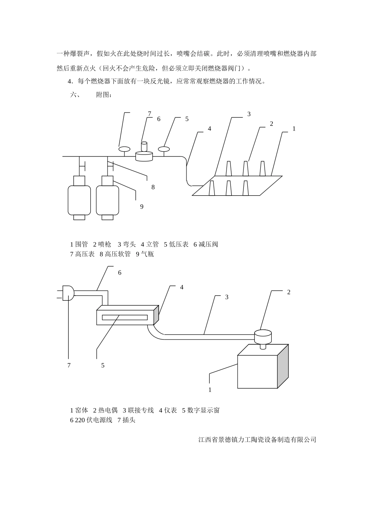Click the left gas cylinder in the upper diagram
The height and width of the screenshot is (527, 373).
coord(79,200)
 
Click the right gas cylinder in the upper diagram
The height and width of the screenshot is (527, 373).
coord(108,200)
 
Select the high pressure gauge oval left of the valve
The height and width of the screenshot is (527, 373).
coord(124,149)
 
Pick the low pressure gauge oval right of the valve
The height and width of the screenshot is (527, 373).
coord(163,149)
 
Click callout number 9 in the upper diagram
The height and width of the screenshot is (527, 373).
coord(142,207)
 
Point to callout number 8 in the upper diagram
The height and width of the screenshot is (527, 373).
coord(153,187)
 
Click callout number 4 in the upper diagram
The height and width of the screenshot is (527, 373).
coord(210,128)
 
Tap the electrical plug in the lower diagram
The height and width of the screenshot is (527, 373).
coord(68,293)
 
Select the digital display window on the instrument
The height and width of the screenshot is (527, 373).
coord(125,317)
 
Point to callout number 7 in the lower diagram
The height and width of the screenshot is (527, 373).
coord(69,365)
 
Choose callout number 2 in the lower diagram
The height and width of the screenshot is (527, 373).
coord(289,292)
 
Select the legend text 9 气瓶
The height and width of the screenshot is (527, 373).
coord(145,254)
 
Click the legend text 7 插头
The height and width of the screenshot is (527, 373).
coord(126,420)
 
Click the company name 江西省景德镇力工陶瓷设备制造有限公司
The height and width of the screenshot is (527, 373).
coord(257,440)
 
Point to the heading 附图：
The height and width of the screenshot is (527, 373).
coord(104,95)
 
